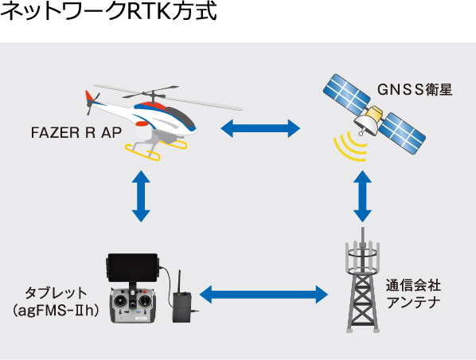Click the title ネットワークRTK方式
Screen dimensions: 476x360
pos(109,11)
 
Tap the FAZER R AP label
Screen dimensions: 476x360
pos(76,132)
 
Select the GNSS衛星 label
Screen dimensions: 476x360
pos(415,90)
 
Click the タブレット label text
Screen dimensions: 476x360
pos(56,293)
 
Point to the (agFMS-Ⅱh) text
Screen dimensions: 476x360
pos(56,311)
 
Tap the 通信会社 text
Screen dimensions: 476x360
pos(413,285)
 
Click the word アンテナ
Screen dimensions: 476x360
pos(413,303)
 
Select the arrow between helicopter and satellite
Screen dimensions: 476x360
pos(260,128)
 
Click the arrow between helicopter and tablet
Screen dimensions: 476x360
pos(141,196)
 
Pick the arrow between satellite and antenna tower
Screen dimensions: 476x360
pos(362,196)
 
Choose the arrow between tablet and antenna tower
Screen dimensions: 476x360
pos(263,295)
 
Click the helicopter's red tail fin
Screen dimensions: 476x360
pos(90,96)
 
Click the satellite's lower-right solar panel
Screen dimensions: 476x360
pos(402,133)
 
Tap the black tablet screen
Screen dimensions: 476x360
pos(132,268)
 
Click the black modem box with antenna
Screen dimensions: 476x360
pos(181,307)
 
